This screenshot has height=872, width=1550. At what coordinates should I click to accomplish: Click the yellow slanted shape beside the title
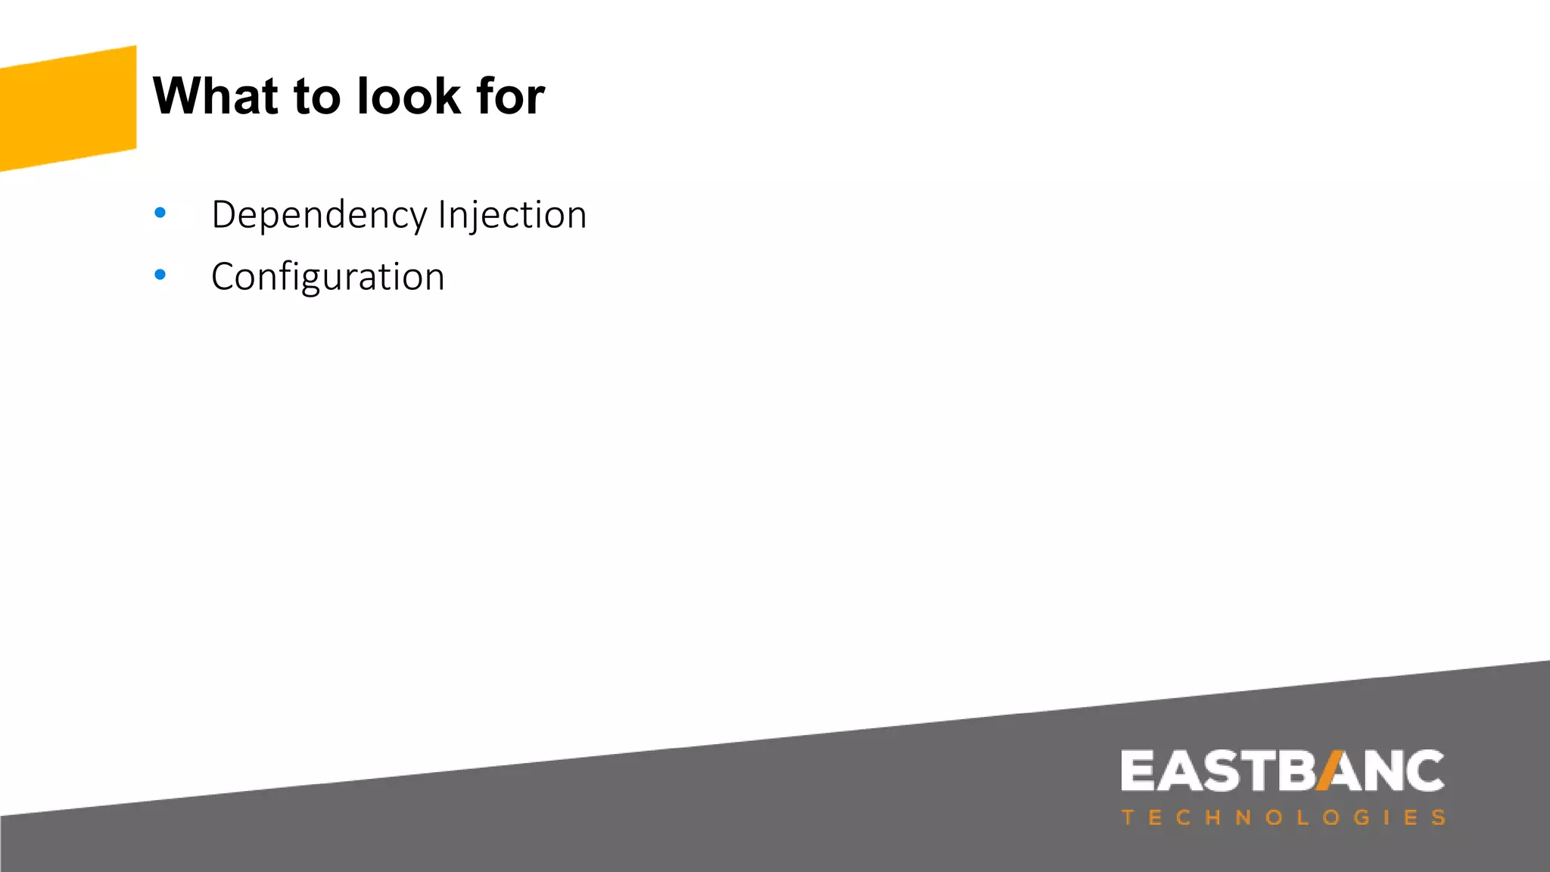(68, 108)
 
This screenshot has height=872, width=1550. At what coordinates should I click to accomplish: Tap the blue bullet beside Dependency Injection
(160, 213)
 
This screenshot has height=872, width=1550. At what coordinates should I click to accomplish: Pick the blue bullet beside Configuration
(160, 275)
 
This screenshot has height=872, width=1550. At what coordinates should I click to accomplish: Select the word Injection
(512, 216)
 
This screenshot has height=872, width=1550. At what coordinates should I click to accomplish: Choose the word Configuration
(328, 277)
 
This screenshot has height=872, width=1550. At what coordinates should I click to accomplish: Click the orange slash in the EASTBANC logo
(1330, 771)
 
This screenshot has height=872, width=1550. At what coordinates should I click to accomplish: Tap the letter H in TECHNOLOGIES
(1212, 818)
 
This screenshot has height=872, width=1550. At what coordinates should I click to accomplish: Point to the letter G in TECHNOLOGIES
(1362, 818)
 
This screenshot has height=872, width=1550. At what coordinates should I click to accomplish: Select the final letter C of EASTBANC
(1424, 771)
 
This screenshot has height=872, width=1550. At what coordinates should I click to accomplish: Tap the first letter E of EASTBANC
(1138, 771)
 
